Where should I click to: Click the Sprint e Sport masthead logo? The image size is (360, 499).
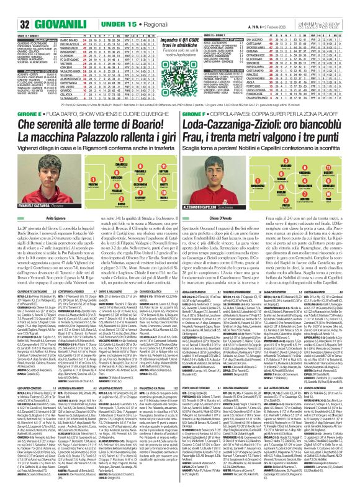[x=331, y=7]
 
